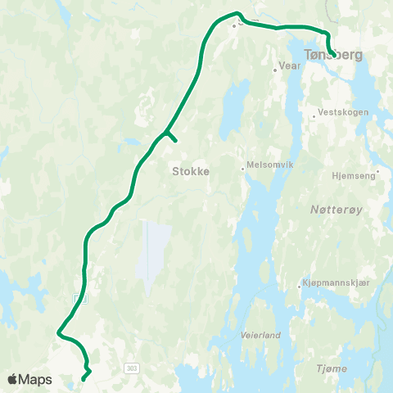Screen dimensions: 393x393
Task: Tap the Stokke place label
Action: point(191,172)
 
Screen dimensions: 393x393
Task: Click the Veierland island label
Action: point(260,335)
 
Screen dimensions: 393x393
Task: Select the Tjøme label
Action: point(332,369)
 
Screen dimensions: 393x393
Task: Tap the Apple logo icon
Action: point(12,379)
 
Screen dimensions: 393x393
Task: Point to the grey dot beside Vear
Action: point(275,70)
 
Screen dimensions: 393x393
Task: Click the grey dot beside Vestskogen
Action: point(314,116)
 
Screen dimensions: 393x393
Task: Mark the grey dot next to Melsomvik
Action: point(242,169)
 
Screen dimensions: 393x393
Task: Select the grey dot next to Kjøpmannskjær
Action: point(299,287)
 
